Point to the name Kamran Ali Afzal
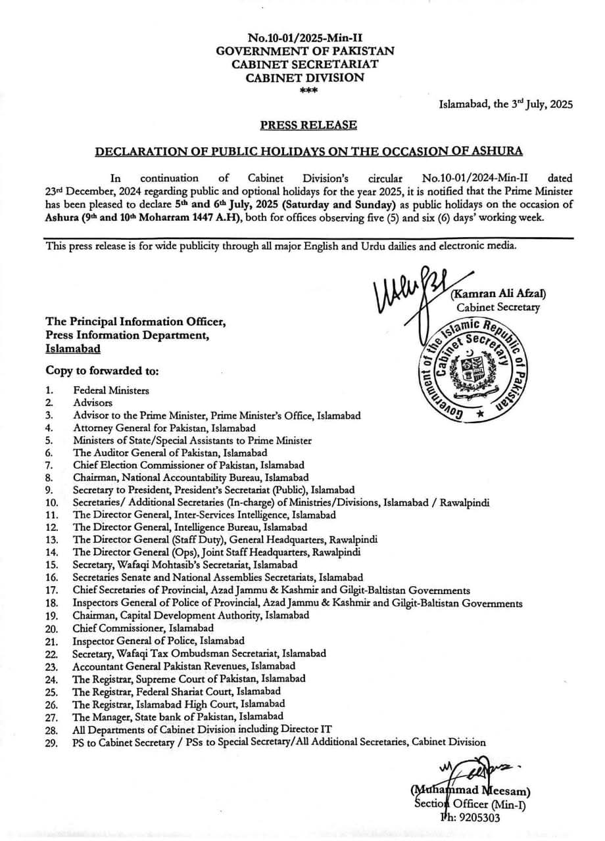[x=499, y=294]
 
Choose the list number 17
[x=52, y=590]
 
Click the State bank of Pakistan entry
[x=178, y=716]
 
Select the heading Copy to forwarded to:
[x=102, y=372]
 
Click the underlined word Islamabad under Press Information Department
[x=73, y=350]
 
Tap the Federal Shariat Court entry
[x=177, y=691]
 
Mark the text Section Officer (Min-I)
[x=470, y=805]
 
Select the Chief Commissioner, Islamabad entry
[x=143, y=628]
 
